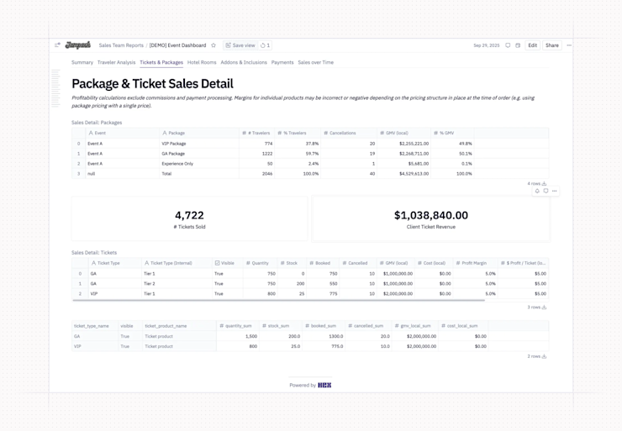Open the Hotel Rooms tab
pos(202,62)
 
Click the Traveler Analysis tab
pos(116,62)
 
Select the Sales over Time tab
pos(315,62)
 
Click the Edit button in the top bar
pos(532,45)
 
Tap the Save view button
pos(240,45)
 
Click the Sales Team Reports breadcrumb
pos(121,45)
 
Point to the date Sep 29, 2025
pos(486,45)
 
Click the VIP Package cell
pos(174,144)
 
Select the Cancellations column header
pos(342,133)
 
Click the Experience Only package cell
pos(177,164)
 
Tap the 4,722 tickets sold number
pos(189,215)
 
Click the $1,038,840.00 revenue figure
pos(430,215)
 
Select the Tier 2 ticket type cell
pos(150,284)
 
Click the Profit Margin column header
pos(473,263)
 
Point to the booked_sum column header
pos(320,326)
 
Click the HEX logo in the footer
pos(324,386)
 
